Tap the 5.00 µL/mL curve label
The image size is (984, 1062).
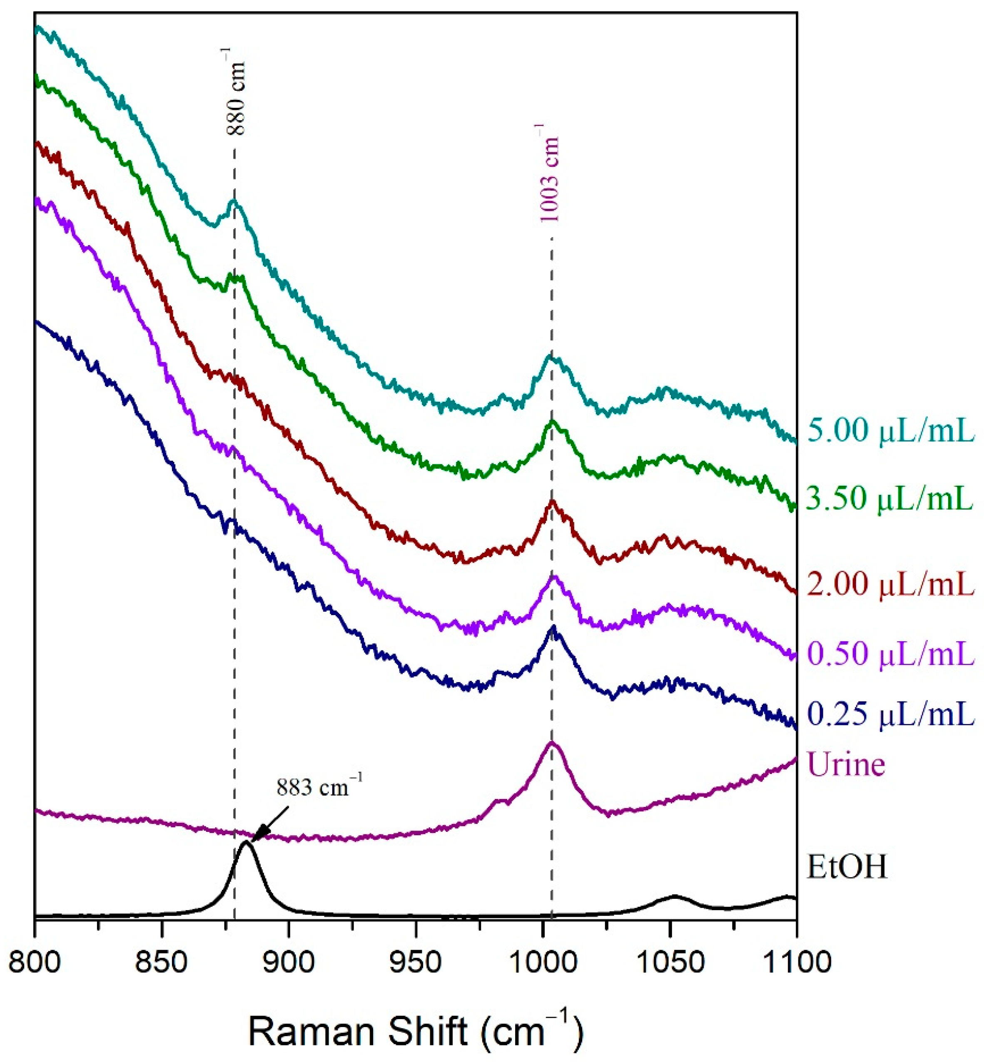(x=891, y=431)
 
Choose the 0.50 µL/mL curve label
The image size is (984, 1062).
(x=891, y=653)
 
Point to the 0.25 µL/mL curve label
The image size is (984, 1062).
(x=891, y=714)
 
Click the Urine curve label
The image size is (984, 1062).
(x=847, y=764)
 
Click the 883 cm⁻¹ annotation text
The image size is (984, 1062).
(x=319, y=787)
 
